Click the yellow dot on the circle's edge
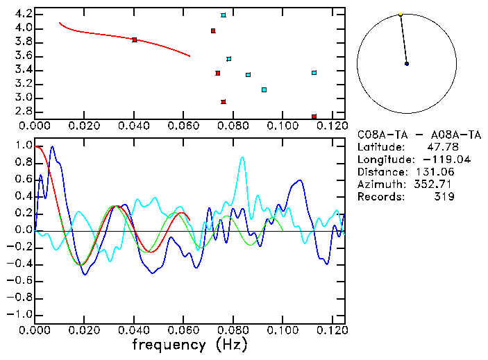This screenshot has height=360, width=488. click(x=401, y=14)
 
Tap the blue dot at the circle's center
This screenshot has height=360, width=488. click(x=407, y=63)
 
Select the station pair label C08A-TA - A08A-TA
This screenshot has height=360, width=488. click(x=419, y=135)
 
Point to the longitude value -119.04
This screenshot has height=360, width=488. click(x=434, y=160)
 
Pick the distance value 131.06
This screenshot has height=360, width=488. click(x=437, y=172)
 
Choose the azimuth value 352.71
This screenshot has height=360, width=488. click(x=437, y=185)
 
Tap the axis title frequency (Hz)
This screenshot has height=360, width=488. click(x=190, y=345)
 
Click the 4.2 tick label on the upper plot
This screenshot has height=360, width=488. click(x=23, y=14)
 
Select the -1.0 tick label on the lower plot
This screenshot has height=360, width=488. click(x=21, y=314)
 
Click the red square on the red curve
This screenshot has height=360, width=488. click(x=134, y=40)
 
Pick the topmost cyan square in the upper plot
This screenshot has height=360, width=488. click(x=223, y=15)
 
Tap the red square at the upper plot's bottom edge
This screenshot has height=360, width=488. click(x=314, y=117)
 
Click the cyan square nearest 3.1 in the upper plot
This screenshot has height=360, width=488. click(x=264, y=89)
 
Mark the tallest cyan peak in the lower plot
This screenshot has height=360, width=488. click(x=242, y=157)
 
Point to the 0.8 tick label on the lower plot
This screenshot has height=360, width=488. click(x=23, y=163)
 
